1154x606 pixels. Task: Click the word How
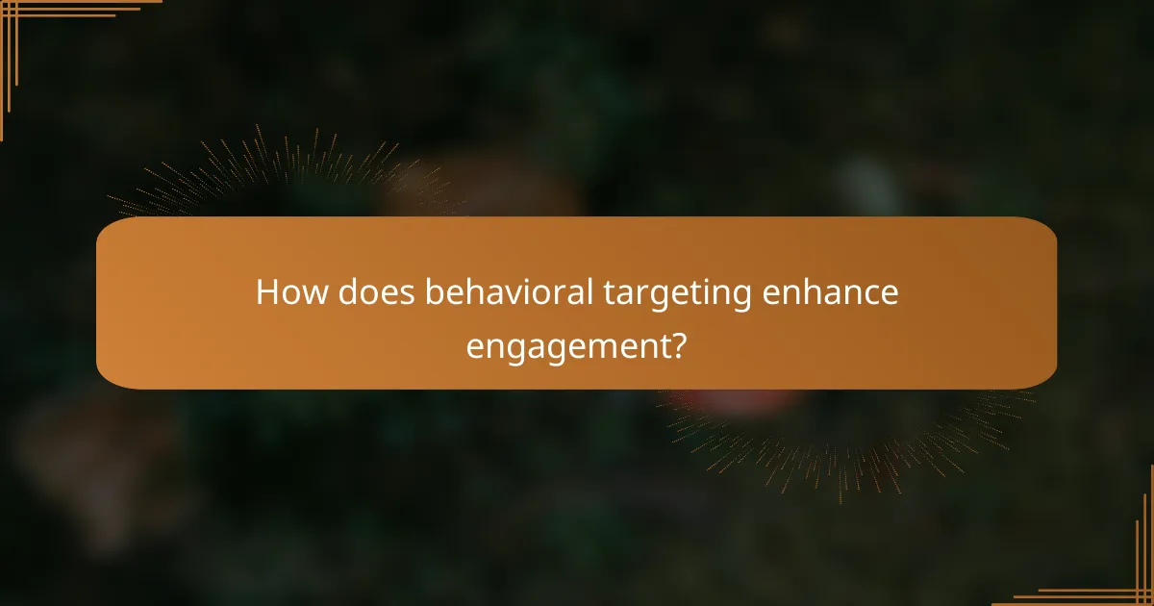(290, 293)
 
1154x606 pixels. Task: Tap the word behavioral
(509, 293)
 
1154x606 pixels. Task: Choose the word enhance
(830, 293)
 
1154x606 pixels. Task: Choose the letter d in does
(348, 293)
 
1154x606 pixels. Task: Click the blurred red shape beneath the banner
(740, 399)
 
